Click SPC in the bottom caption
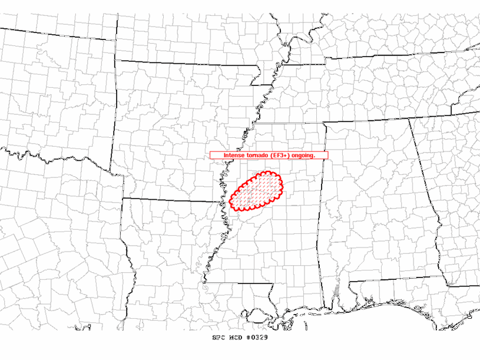click(x=219, y=338)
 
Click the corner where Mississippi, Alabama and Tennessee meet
click(x=323, y=123)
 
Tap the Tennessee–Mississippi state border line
click(x=289, y=124)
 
